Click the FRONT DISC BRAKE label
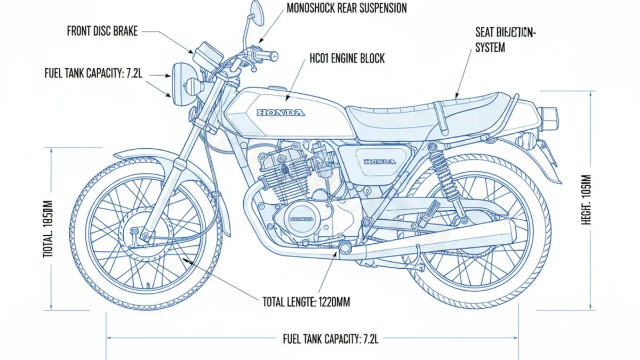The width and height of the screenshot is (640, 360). click(x=102, y=31)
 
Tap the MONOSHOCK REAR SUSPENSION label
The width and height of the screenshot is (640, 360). click(x=347, y=8)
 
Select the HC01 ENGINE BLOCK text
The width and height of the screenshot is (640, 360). click(x=347, y=59)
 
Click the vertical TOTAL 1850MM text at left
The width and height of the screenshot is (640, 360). click(x=47, y=229)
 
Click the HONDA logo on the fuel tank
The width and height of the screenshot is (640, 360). click(x=281, y=113)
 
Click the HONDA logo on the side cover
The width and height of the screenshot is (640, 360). click(x=380, y=162)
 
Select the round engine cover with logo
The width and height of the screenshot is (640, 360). click(x=301, y=219)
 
